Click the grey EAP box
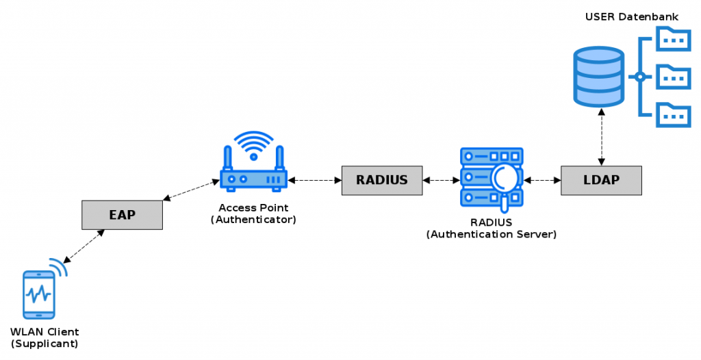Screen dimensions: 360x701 pyautogui.click(x=122, y=215)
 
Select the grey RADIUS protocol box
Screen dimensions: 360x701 pyautogui.click(x=382, y=181)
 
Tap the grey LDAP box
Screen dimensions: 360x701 pyautogui.click(x=601, y=181)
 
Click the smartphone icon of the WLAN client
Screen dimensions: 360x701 pyautogui.click(x=39, y=294)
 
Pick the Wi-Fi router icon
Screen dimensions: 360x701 pyautogui.click(x=253, y=177)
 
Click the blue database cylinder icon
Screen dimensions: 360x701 pyautogui.click(x=599, y=77)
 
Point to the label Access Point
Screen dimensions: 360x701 pyautogui.click(x=253, y=207)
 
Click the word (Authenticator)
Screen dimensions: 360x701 pyautogui.click(x=253, y=219)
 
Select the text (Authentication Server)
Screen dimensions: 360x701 pyautogui.click(x=491, y=234)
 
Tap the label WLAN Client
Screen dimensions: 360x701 pyautogui.click(x=44, y=332)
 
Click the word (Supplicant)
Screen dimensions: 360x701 pyautogui.click(x=44, y=344)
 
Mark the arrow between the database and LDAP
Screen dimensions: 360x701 pyautogui.click(x=601, y=137)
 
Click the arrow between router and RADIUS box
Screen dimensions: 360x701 pyautogui.click(x=315, y=181)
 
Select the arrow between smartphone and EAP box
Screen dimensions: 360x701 pyautogui.click(x=84, y=246)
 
